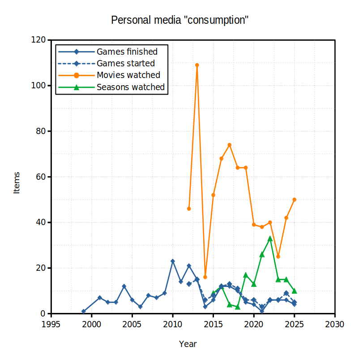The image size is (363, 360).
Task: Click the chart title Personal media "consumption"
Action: [x=180, y=20]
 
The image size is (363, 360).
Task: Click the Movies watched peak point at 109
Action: [x=197, y=65]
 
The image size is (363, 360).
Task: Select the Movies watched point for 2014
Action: [x=205, y=277]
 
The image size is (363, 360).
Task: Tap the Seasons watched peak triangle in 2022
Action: [x=270, y=239]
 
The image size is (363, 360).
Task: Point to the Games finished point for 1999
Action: [x=83, y=311]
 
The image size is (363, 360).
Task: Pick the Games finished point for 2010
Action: [x=173, y=261]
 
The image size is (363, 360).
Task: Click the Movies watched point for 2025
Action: [x=294, y=200]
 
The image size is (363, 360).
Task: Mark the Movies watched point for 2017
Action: [x=229, y=145]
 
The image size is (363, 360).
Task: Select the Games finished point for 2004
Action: [x=124, y=286]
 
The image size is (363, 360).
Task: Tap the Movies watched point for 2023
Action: [x=278, y=256]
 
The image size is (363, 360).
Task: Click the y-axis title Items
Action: [x=17, y=182]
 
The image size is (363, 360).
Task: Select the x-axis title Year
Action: [x=188, y=344]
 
